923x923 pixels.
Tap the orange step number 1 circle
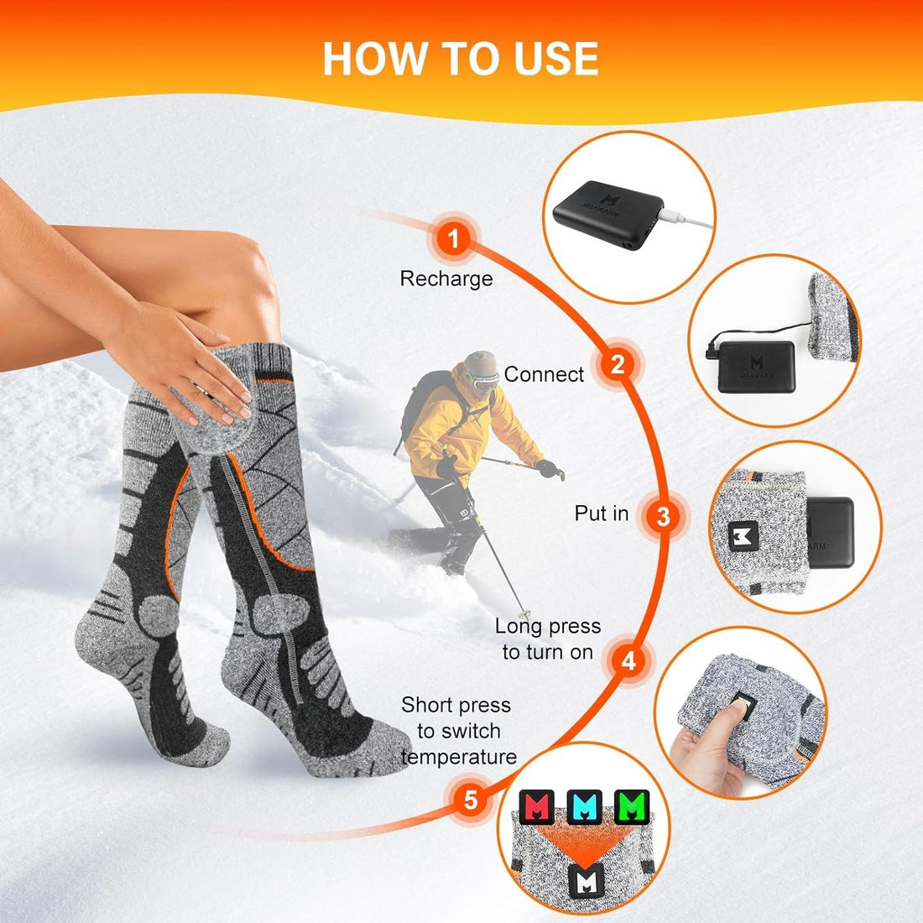[x=454, y=240]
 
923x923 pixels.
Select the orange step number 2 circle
[x=618, y=365]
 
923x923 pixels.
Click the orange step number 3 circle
[x=663, y=515]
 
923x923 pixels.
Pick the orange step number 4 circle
[x=628, y=660]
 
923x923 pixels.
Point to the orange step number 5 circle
[x=471, y=799]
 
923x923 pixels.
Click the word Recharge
[x=446, y=279]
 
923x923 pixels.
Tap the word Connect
[x=544, y=374]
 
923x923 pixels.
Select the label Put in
[x=601, y=514]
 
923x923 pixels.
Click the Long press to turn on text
[x=547, y=639]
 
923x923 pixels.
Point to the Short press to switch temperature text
[x=457, y=731]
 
